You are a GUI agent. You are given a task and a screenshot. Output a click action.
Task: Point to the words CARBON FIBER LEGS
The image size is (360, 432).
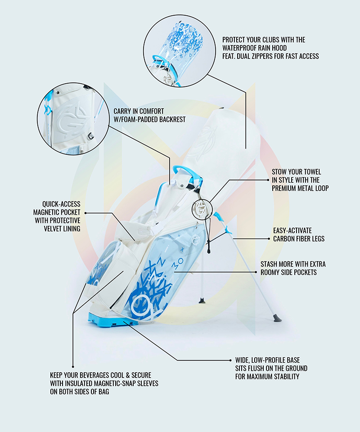tap(299, 239)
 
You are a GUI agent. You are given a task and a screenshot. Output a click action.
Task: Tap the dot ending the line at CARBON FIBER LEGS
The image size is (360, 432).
tap(269, 239)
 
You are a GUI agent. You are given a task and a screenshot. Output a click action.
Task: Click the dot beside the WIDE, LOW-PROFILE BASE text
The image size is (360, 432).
tap(230, 360)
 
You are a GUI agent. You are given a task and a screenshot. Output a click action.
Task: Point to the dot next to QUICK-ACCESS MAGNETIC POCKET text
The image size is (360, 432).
tap(85, 213)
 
